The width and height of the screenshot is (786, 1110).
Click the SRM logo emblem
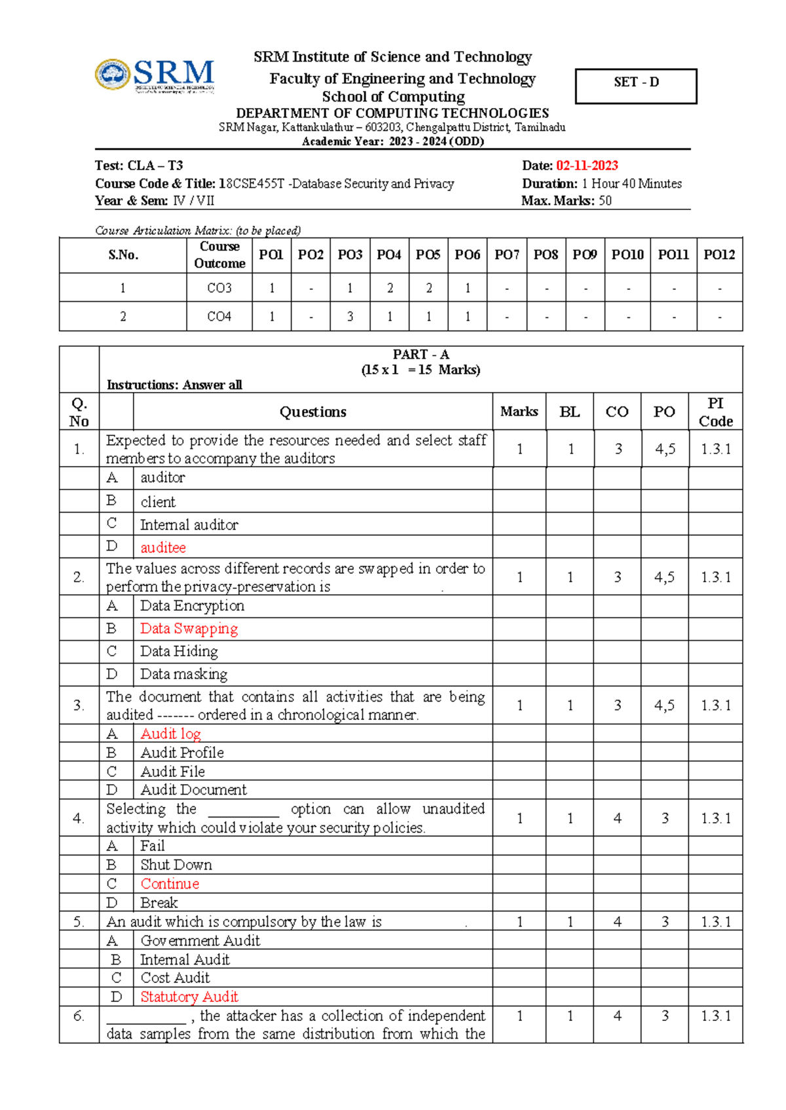pyautogui.click(x=113, y=74)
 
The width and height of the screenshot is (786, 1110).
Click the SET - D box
pyautogui.click(x=635, y=85)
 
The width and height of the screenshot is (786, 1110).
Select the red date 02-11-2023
pyautogui.click(x=587, y=166)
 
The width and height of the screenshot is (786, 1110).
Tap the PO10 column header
pyautogui.click(x=627, y=255)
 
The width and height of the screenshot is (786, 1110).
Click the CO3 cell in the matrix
pyautogui.click(x=219, y=288)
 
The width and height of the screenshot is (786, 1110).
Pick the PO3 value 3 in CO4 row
pyautogui.click(x=350, y=317)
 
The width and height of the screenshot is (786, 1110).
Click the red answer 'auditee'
pyautogui.click(x=163, y=547)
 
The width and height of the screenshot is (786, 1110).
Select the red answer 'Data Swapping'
pyautogui.click(x=189, y=628)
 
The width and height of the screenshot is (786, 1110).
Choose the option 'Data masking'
pyautogui.click(x=183, y=674)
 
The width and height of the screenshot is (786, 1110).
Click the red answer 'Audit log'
pyautogui.click(x=170, y=734)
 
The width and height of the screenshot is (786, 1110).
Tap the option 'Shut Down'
pyautogui.click(x=176, y=865)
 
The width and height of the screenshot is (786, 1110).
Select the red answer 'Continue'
pyautogui.click(x=170, y=884)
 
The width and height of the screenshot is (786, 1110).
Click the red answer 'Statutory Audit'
pyautogui.click(x=189, y=997)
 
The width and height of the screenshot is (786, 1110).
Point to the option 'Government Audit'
pyautogui.click(x=200, y=940)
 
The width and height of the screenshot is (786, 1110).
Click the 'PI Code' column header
pyautogui.click(x=715, y=412)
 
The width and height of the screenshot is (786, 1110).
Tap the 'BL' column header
pyautogui.click(x=569, y=412)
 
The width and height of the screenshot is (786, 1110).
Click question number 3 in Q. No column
pyautogui.click(x=79, y=705)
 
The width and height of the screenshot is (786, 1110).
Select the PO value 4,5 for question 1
pyautogui.click(x=665, y=449)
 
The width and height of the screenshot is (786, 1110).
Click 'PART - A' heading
pyautogui.click(x=421, y=354)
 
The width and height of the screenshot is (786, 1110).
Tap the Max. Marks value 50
pyautogui.click(x=605, y=201)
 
